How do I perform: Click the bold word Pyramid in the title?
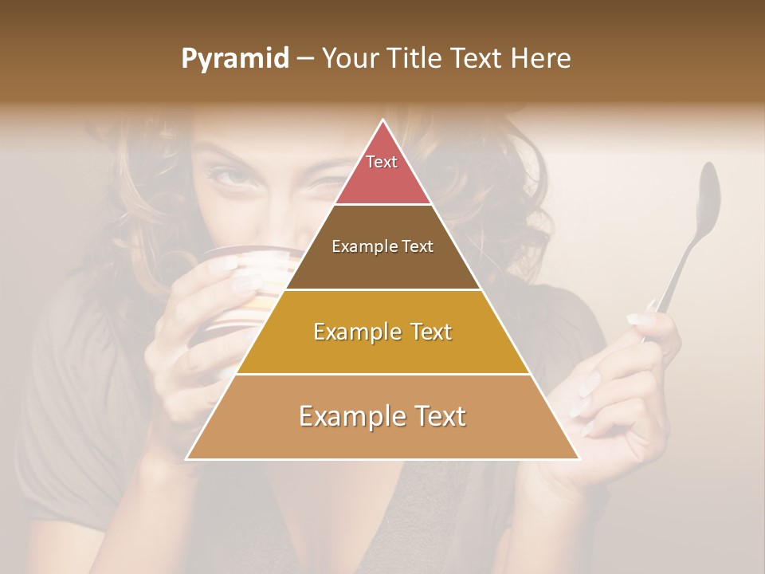click(x=235, y=59)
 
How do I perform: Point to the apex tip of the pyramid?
click(x=383, y=121)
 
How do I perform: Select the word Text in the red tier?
click(x=382, y=162)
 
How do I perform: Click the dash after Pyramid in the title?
click(x=305, y=59)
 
